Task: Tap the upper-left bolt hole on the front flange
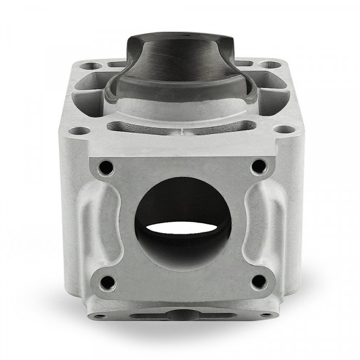(x=106, y=167)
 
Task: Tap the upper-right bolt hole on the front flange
(x=259, y=166)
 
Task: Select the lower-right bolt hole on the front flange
(x=260, y=282)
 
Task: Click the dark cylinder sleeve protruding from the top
(x=180, y=67)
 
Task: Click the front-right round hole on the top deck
(x=285, y=129)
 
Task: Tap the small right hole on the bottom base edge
(x=263, y=315)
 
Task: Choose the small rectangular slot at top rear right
(x=244, y=63)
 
